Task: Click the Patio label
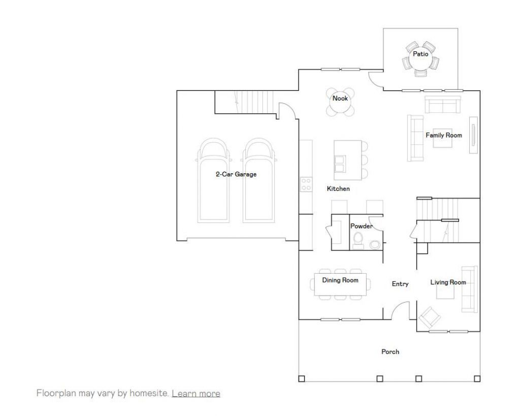(420, 54)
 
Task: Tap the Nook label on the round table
(340, 98)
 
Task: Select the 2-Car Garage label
(236, 174)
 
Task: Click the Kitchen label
(338, 188)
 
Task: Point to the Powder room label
(362, 226)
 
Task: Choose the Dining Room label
(340, 280)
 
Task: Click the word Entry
(400, 284)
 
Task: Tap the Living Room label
(448, 282)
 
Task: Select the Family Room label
(444, 135)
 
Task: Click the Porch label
(390, 351)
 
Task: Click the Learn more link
(196, 394)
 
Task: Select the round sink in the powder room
(375, 245)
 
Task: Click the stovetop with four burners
(306, 184)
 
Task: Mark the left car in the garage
(212, 180)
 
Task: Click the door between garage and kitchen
(287, 111)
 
